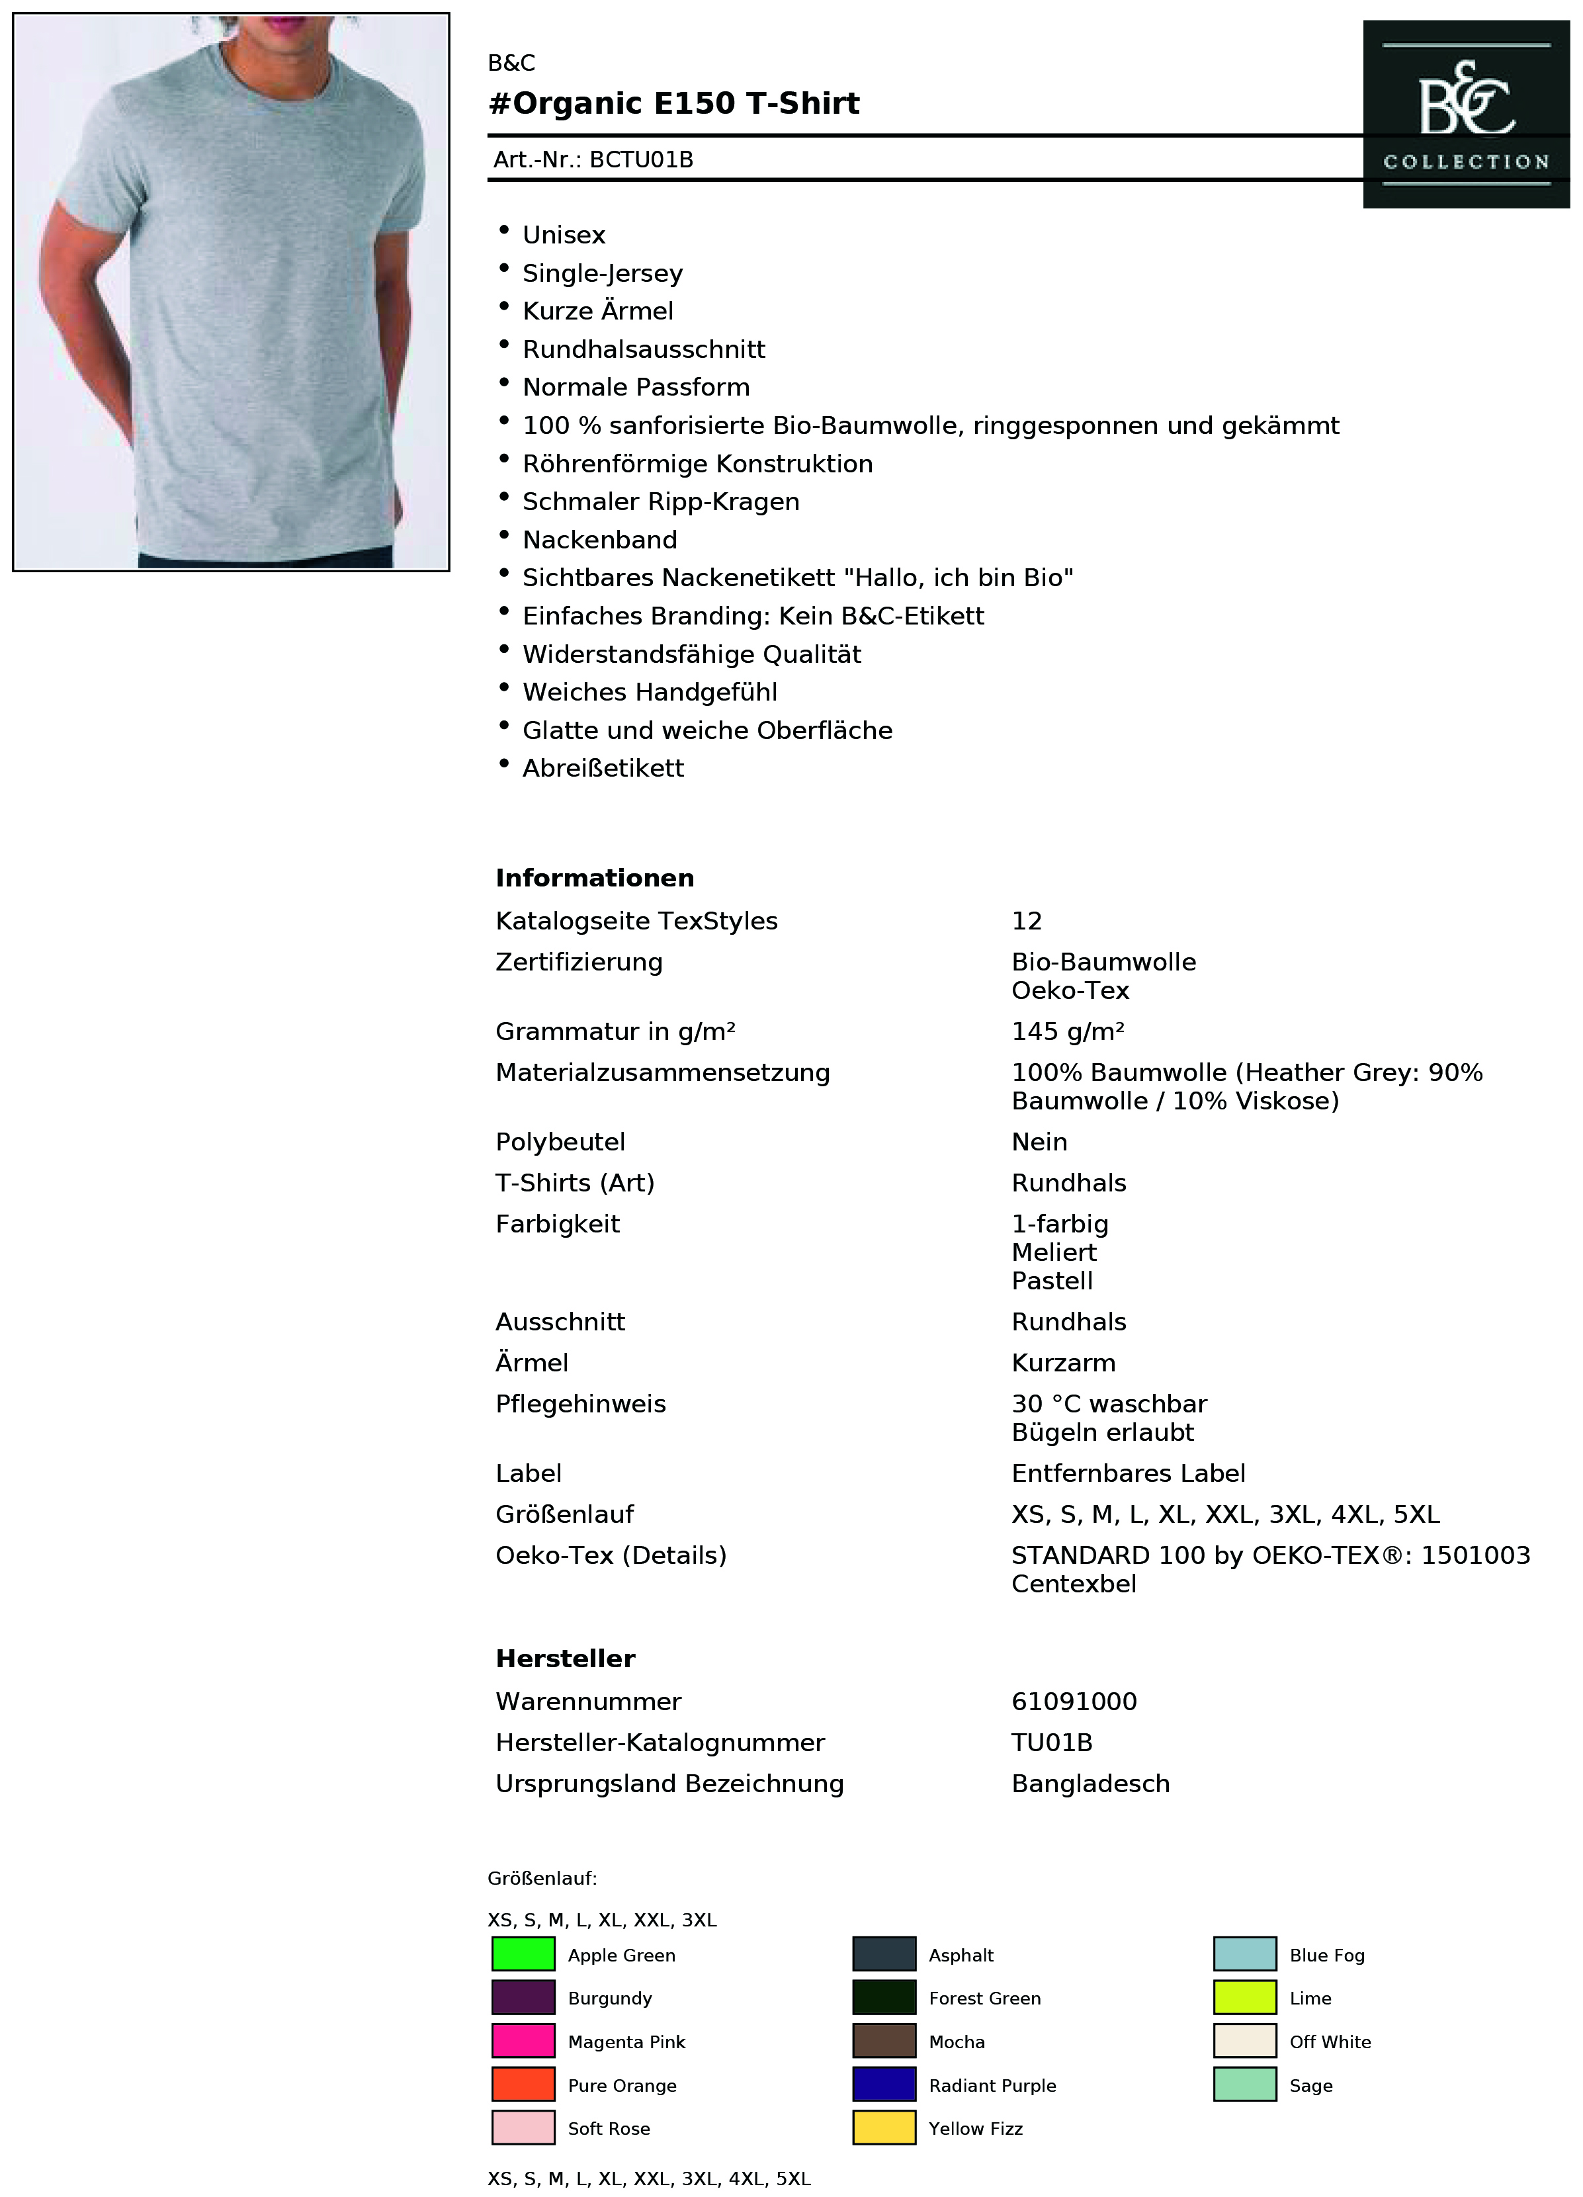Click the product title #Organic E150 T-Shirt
pyautogui.click(x=673, y=104)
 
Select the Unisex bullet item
pyautogui.click(x=563, y=236)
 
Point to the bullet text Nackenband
pyautogui.click(x=600, y=540)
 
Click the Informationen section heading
pyautogui.click(x=594, y=878)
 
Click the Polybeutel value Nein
pyautogui.click(x=1039, y=1141)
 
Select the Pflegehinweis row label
pyautogui.click(x=580, y=1404)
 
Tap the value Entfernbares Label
pyautogui.click(x=1128, y=1473)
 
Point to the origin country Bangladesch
pyautogui.click(x=1090, y=1784)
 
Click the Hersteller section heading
pyautogui.click(x=565, y=1659)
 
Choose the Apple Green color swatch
pyautogui.click(x=523, y=1954)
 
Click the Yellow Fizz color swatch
pyautogui.click(x=884, y=2128)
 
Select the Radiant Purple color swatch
pyautogui.click(x=884, y=2085)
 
